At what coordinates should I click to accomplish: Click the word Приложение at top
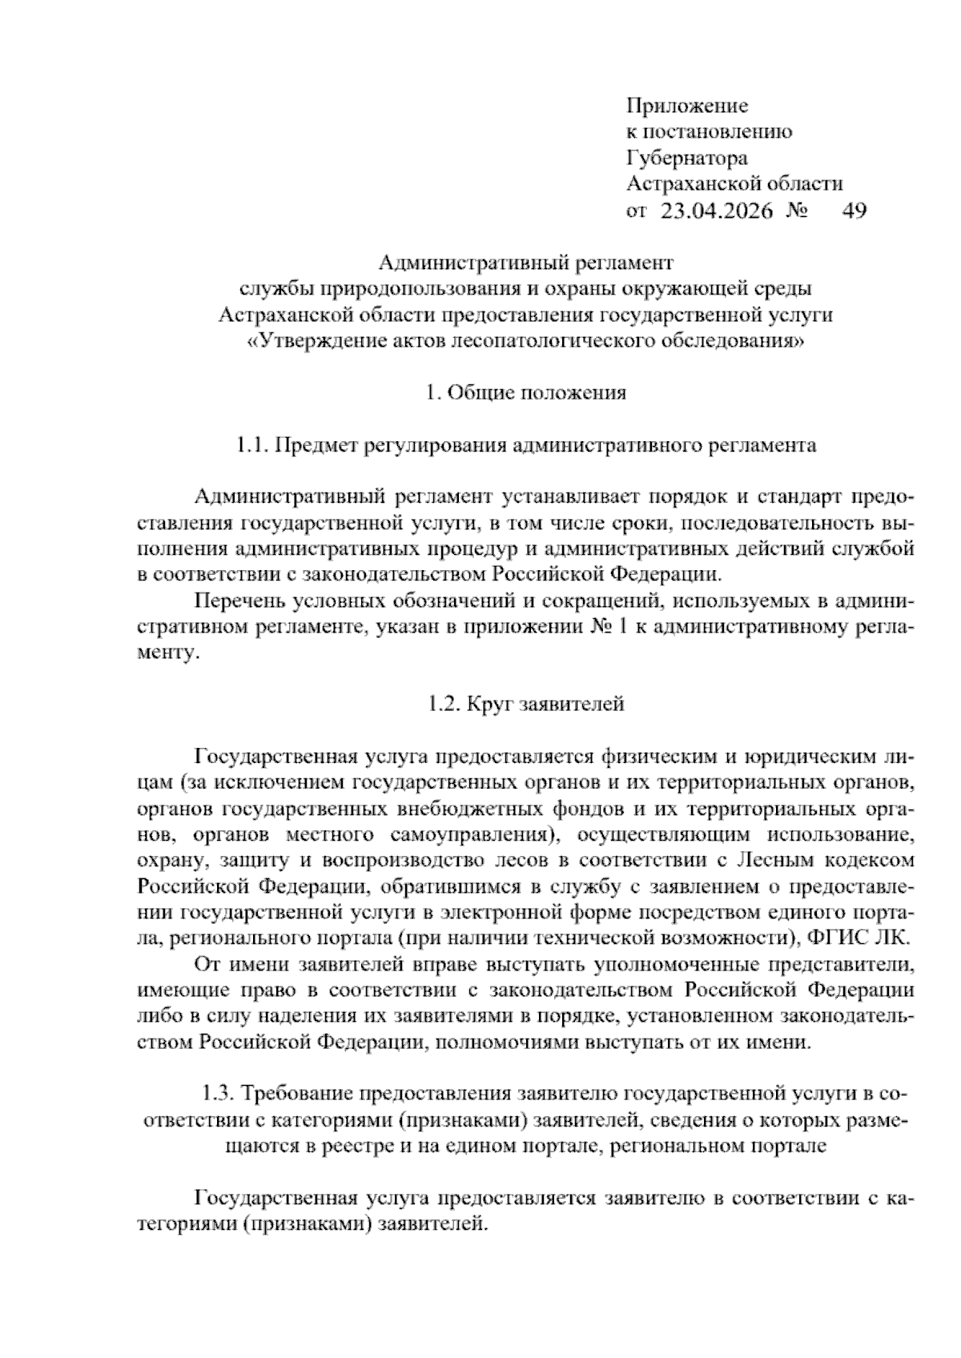[686, 106]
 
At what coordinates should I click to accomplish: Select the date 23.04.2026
[716, 211]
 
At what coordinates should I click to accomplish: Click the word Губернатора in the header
[686, 158]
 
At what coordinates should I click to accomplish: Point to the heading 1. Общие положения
[525, 393]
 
